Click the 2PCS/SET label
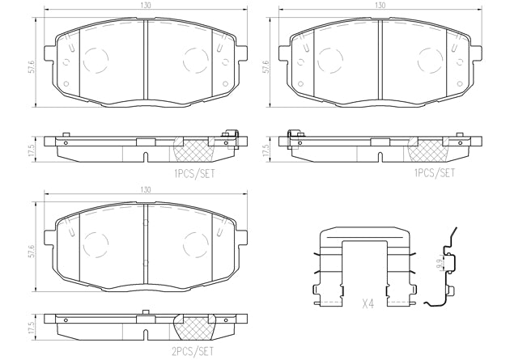[192, 351]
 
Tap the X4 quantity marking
[368, 304]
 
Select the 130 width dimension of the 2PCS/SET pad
[146, 190]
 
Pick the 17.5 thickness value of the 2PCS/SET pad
[32, 328]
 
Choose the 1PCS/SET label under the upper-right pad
[434, 173]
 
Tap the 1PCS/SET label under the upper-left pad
[194, 173]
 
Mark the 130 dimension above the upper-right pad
[380, 5]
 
